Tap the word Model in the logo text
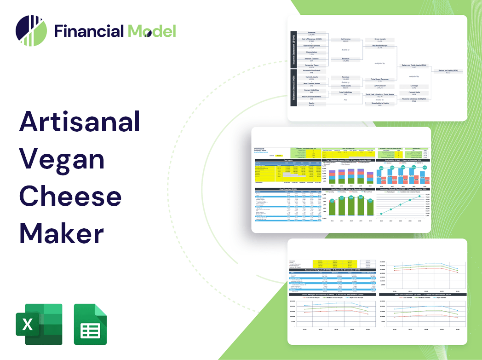click(152, 31)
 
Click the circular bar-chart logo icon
click(31, 31)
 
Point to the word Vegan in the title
click(62, 159)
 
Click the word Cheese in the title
click(70, 197)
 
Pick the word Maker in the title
click(61, 233)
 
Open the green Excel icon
click(39, 324)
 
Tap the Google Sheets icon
click(91, 324)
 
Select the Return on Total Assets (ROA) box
click(413, 66)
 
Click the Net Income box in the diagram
click(345, 41)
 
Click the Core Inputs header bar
click(288, 160)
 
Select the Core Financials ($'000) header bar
click(288, 189)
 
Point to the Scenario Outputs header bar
click(330, 269)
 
